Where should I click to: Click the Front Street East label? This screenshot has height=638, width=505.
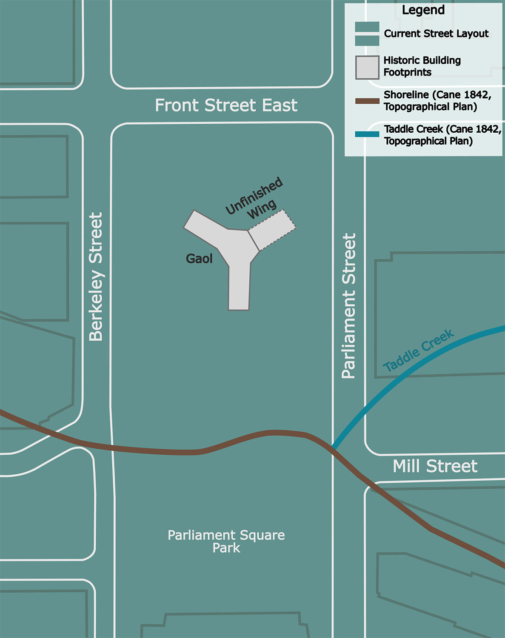tap(226, 105)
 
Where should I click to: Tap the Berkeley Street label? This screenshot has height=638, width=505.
tap(96, 277)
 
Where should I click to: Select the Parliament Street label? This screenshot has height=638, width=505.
tap(348, 305)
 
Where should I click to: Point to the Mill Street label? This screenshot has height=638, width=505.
tap(435, 466)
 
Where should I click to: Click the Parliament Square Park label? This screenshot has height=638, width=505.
tap(226, 541)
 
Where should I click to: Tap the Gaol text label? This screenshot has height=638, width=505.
tap(199, 259)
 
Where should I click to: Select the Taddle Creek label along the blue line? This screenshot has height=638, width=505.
tap(418, 351)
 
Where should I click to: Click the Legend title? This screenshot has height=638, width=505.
tap(423, 10)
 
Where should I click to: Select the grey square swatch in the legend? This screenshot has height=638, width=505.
tap(367, 68)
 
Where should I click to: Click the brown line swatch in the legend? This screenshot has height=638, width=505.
tap(367, 101)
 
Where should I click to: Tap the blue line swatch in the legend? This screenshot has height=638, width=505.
tap(367, 134)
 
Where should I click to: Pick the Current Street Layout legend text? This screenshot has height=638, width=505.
tap(436, 34)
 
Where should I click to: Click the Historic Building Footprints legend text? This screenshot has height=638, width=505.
tap(422, 66)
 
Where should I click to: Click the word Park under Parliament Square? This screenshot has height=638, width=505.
tap(226, 548)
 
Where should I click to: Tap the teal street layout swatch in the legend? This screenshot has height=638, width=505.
tap(367, 34)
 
